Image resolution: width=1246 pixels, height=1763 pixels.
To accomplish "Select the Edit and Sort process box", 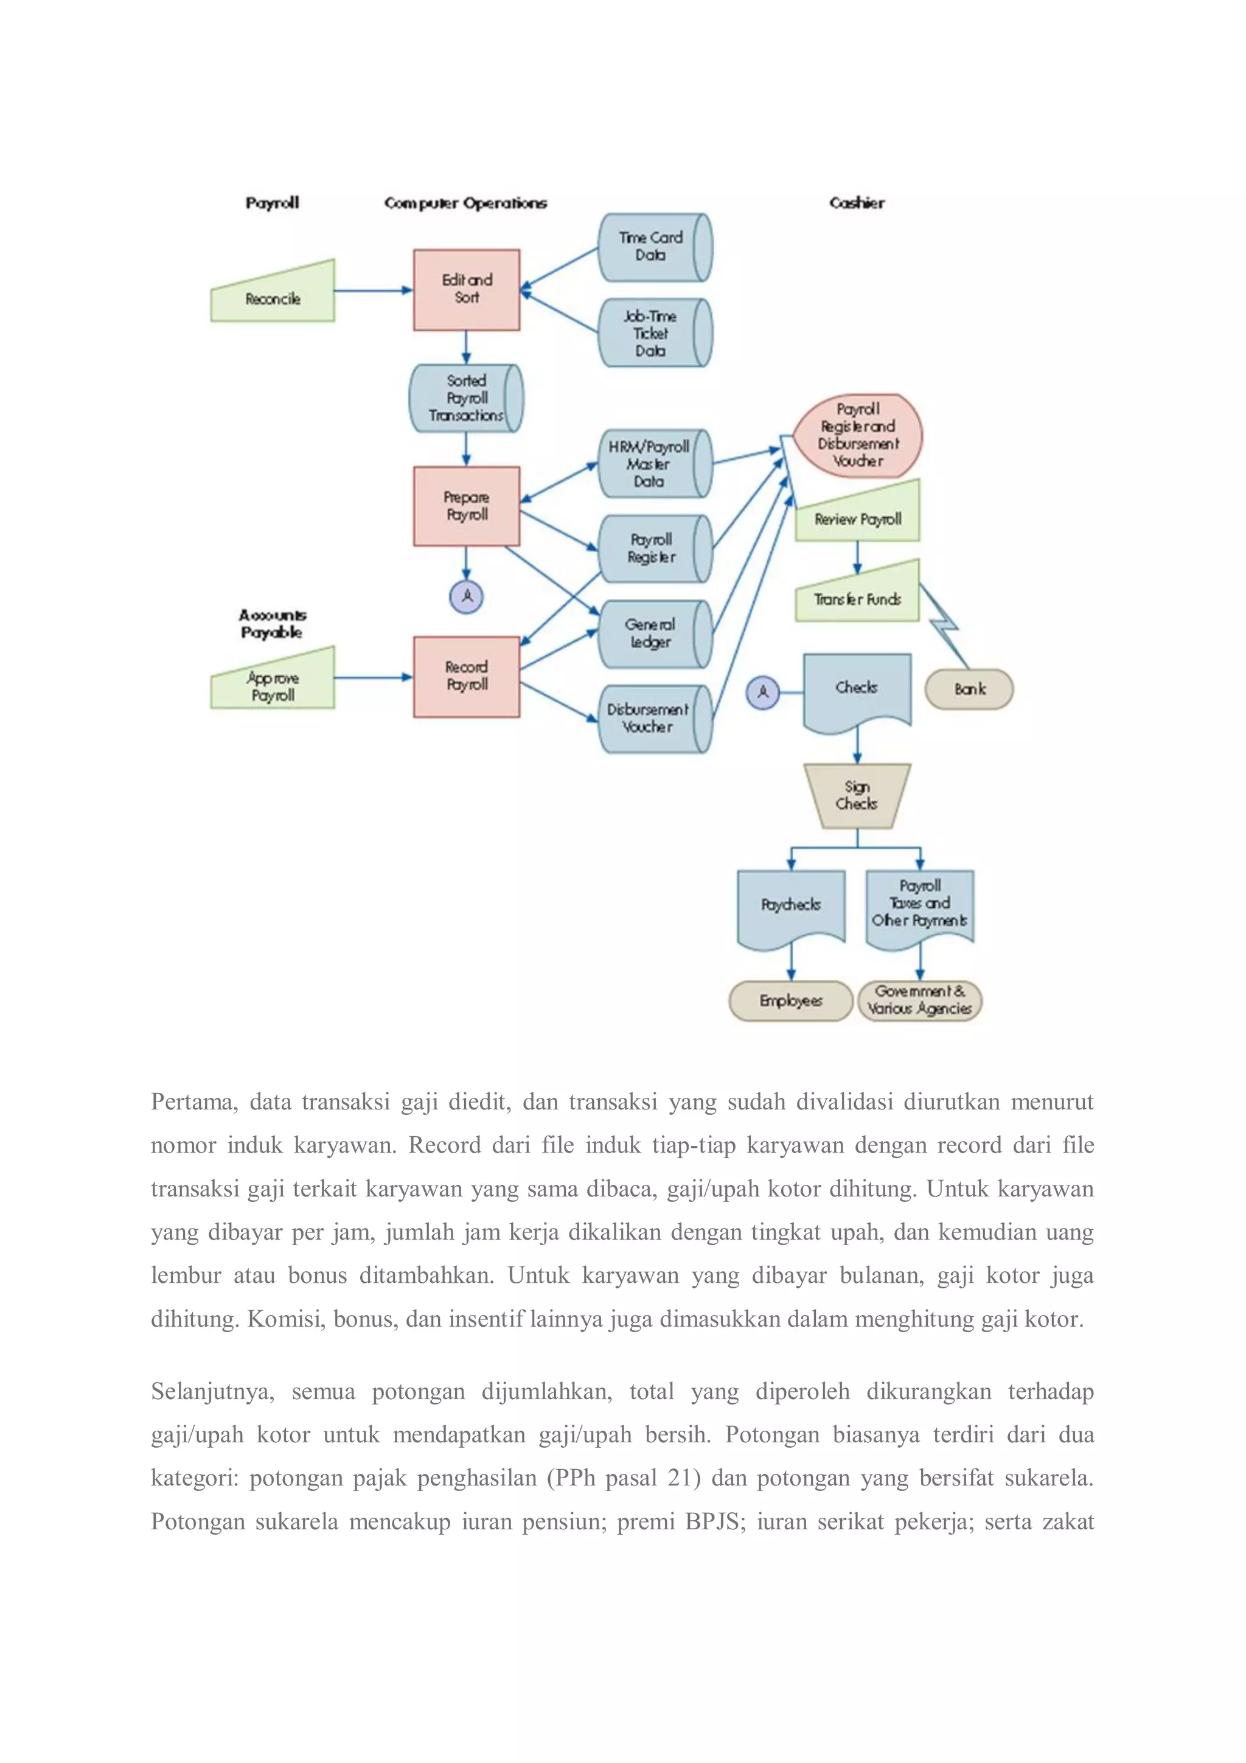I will [466, 290].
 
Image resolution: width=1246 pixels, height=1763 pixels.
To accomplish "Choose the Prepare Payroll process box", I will [466, 506].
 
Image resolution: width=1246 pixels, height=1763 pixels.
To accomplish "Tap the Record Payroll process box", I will [466, 677].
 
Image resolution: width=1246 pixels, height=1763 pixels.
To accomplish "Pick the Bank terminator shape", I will [969, 689].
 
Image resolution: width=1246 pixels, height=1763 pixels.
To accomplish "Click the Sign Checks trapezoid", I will [857, 795].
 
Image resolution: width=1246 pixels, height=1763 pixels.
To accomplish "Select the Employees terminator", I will [790, 1000].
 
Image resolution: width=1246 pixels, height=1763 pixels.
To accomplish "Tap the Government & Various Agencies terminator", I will [920, 1000].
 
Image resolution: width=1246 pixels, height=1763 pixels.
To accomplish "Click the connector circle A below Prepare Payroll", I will [466, 596].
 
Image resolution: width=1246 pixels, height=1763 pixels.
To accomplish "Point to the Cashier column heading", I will [857, 203].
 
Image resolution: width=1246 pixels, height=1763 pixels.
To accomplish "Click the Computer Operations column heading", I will [465, 203].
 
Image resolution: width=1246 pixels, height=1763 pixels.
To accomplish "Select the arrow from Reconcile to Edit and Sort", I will [373, 290].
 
